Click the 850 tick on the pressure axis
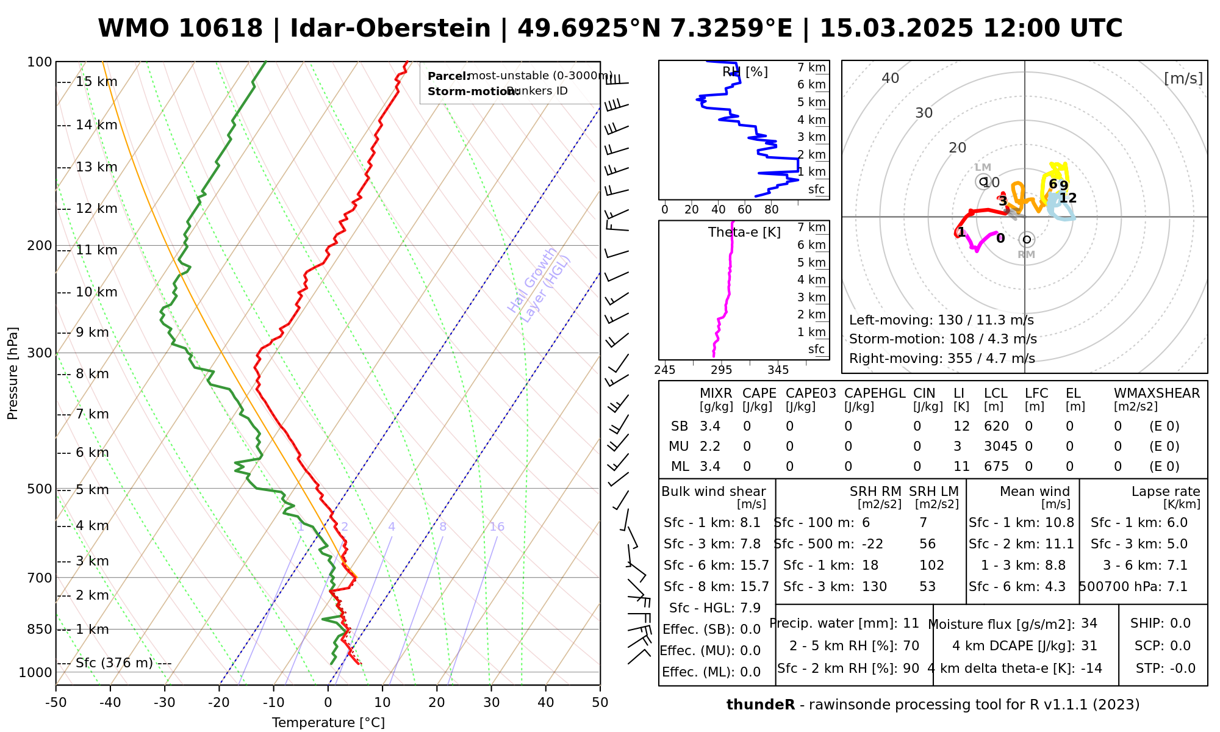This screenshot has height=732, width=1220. pyautogui.click(x=40, y=630)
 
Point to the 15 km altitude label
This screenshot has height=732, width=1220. pyautogui.click(x=96, y=82)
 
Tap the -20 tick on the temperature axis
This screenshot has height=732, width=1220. pyautogui.click(x=219, y=703)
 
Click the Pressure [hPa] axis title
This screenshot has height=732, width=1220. pyautogui.click(x=13, y=373)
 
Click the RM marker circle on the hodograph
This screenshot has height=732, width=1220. pyautogui.click(x=1027, y=240)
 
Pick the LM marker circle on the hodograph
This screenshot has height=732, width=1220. pyautogui.click(x=983, y=181)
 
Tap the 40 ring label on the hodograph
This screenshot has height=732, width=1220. pyautogui.click(x=891, y=78)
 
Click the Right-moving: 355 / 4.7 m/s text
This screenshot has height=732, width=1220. pyautogui.click(x=942, y=359)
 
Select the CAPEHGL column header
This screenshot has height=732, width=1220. pyautogui.click(x=875, y=393)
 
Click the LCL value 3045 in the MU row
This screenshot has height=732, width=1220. pyautogui.click(x=1000, y=447)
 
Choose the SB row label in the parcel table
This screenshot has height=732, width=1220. pyautogui.click(x=680, y=426)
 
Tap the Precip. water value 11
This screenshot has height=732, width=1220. pyautogui.click(x=911, y=623)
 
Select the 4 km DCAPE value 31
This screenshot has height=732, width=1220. pyautogui.click(x=1089, y=646)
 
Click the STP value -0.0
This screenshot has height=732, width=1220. pyautogui.click(x=1182, y=669)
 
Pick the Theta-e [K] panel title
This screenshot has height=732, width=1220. pyautogui.click(x=744, y=232)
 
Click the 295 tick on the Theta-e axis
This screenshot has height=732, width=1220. pyautogui.click(x=722, y=370)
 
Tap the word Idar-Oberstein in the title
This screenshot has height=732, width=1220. pyautogui.click(x=390, y=29)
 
